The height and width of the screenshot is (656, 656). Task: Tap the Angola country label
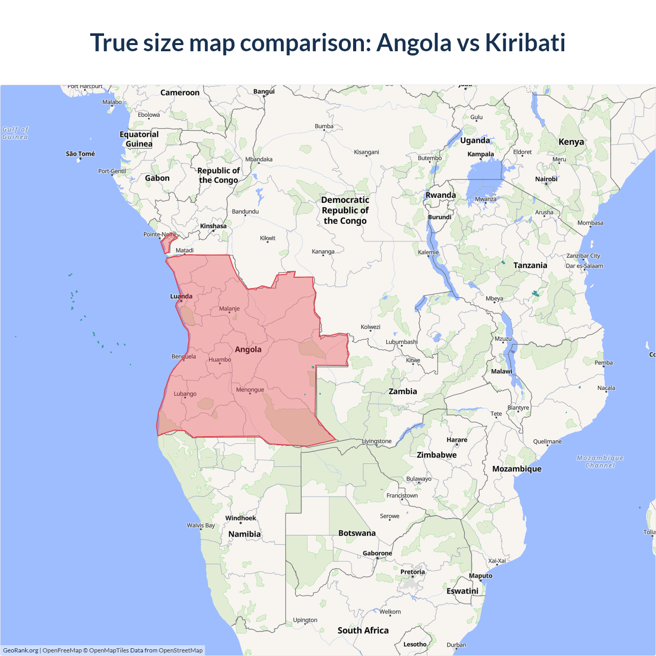click(x=248, y=350)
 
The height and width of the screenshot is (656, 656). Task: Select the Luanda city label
click(x=181, y=296)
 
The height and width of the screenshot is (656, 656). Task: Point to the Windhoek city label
click(x=240, y=518)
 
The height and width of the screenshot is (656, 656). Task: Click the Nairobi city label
click(x=546, y=179)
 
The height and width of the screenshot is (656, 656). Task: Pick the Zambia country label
click(x=403, y=392)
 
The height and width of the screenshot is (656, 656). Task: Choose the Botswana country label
click(x=357, y=533)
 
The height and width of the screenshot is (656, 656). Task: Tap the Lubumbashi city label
click(x=402, y=342)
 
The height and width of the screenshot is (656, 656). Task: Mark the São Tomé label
click(x=80, y=154)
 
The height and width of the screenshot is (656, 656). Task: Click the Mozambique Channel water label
click(x=600, y=462)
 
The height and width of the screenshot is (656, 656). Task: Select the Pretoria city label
click(x=413, y=572)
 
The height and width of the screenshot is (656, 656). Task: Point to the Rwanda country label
click(x=441, y=195)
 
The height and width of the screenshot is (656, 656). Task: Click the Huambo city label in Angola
click(x=220, y=360)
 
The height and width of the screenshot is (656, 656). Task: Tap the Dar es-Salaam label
click(x=584, y=266)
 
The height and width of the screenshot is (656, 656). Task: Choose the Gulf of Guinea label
click(x=15, y=133)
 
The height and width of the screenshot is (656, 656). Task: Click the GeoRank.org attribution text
click(x=20, y=650)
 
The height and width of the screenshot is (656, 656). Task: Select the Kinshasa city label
click(x=213, y=226)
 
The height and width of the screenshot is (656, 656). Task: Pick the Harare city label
click(x=457, y=440)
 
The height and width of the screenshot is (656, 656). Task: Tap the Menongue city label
click(x=250, y=390)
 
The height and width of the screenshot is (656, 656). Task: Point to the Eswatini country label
click(x=462, y=591)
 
